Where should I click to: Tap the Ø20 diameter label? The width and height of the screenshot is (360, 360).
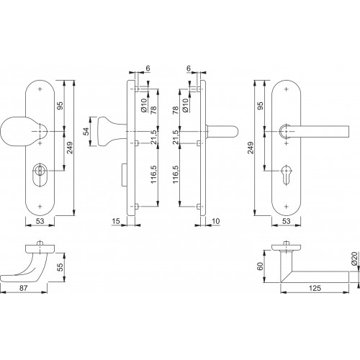[x=356, y=259]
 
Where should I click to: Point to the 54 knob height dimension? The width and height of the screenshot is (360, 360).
[x=86, y=131]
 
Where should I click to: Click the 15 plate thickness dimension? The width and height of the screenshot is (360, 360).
[x=116, y=221]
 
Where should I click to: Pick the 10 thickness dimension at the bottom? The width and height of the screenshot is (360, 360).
[x=216, y=221]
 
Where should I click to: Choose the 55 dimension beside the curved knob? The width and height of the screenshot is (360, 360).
[x=60, y=267]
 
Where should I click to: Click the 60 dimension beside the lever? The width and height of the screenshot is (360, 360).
[x=260, y=266]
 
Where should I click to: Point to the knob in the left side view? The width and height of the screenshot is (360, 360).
[x=106, y=131]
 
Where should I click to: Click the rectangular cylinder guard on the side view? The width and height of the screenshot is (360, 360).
[x=125, y=175]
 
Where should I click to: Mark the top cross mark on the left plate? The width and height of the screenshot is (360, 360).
[x=40, y=89]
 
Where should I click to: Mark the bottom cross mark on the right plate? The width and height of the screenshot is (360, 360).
[x=286, y=207]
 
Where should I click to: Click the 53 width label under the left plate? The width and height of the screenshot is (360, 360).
[x=40, y=221]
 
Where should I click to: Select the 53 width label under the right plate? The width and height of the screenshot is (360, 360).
[x=286, y=221]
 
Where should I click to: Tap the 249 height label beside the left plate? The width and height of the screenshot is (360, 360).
[x=70, y=148]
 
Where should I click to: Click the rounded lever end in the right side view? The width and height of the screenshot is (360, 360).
[x=234, y=132]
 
